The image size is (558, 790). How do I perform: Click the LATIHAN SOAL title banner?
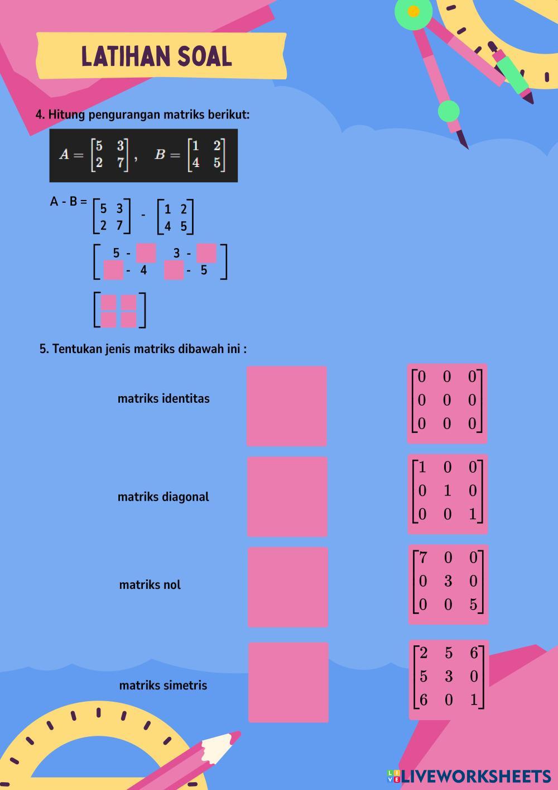pyautogui.click(x=161, y=56)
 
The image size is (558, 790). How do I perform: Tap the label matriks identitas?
pyautogui.click(x=163, y=398)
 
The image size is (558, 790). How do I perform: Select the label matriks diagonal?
pyautogui.click(x=163, y=497)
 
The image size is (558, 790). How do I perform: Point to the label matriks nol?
pyautogui.click(x=150, y=585)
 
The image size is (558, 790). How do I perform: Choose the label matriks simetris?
pyautogui.click(x=163, y=686)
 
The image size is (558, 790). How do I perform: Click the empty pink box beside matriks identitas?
pyautogui.click(x=287, y=406)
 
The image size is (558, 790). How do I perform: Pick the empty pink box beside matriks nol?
pyautogui.click(x=288, y=587)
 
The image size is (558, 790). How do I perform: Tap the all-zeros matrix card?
pyautogui.click(x=448, y=404)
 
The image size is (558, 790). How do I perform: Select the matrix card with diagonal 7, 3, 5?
pyautogui.click(x=449, y=585)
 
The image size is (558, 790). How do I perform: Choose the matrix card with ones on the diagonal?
pyautogui.click(x=448, y=494)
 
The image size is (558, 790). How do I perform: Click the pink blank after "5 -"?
pyautogui.click(x=146, y=253)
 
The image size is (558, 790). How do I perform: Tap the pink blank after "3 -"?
pyautogui.click(x=206, y=253)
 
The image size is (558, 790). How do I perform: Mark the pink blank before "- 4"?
pyautogui.click(x=113, y=270)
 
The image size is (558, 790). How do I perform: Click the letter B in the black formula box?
pyautogui.click(x=160, y=154)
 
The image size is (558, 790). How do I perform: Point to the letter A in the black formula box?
pyautogui.click(x=64, y=154)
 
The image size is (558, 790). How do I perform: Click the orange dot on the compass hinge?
pyautogui.click(x=413, y=11)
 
